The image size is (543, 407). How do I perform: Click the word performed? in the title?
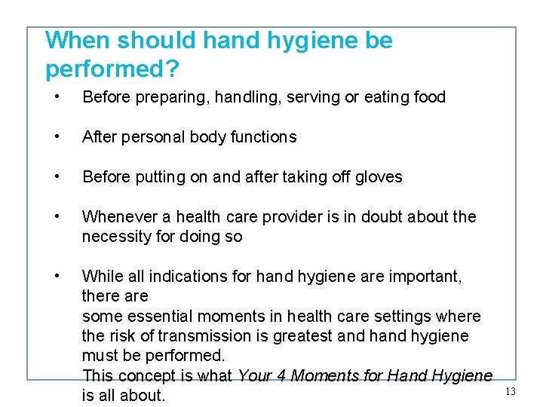click(x=112, y=69)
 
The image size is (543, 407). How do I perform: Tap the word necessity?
click(x=113, y=237)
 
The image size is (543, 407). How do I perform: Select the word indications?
click(x=190, y=277)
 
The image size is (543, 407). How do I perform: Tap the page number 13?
click(x=510, y=391)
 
